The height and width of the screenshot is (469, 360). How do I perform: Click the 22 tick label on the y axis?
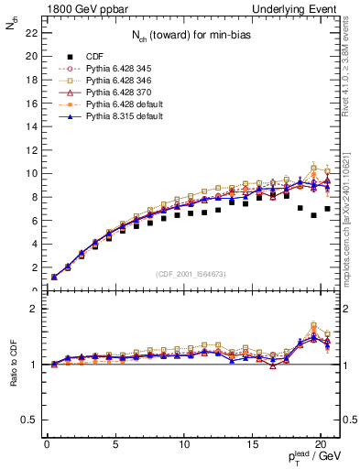tap(29, 32)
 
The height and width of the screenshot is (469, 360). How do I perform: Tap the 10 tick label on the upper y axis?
tap(29, 173)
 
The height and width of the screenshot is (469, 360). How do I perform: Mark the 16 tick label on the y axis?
tap(29, 103)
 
